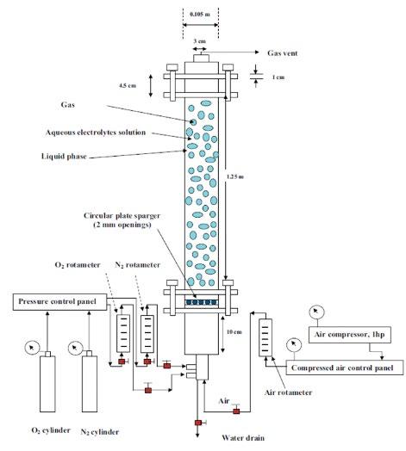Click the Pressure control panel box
tap(60, 302)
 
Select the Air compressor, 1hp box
tap(349, 335)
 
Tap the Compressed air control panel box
tap(345, 368)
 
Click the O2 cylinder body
tap(47, 384)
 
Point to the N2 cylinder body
tap(90, 384)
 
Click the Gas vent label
tap(283, 53)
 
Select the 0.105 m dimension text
tap(200, 14)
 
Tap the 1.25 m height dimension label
tap(235, 176)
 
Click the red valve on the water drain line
tap(198, 423)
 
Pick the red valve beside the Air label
tap(236, 411)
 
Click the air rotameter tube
tap(265, 337)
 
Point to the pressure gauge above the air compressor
tap(316, 312)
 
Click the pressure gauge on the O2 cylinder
tap(32, 348)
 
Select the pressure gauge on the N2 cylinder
tap(75, 348)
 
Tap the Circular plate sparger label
tap(122, 219)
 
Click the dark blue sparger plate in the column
tap(202, 302)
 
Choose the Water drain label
tap(243, 438)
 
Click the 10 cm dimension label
tap(234, 332)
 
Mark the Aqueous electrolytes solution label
tap(96, 133)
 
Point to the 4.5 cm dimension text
tap(128, 85)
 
